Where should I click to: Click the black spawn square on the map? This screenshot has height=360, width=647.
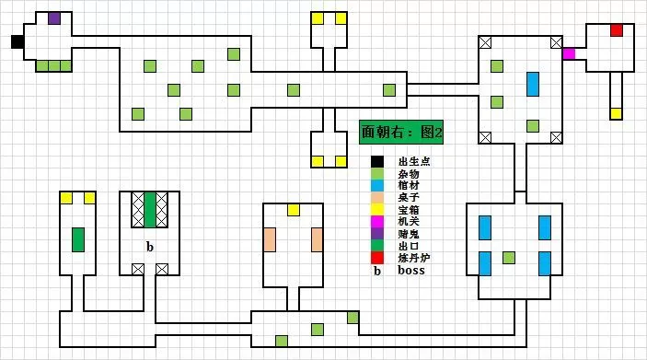coord(17,41)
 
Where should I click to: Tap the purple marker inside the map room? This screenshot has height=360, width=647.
coord(54,17)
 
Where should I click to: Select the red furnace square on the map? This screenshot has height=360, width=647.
coord(617,30)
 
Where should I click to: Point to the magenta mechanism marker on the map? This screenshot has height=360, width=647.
coord(569,53)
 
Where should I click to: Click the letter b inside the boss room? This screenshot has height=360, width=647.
coord(149,247)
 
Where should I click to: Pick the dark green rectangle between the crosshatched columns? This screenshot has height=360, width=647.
coord(150,210)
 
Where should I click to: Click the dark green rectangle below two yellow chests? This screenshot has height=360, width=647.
coord(78,239)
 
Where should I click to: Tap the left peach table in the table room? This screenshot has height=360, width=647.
coord(270,239)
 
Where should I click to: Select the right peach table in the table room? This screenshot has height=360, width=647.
coord(318,239)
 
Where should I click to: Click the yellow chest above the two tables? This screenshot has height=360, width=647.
coord(294,210)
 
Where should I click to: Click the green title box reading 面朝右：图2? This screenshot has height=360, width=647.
coord(401,133)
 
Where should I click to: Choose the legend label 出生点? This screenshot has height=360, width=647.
coord(413,162)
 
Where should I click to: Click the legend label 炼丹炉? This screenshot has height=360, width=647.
coord(413,259)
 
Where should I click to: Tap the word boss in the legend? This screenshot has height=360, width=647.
coord(410,271)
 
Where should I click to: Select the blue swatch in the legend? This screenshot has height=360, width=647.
coord(377,186)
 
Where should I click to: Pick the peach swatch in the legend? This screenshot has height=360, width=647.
coord(377,198)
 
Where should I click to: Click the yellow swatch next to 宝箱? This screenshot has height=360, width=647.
coord(377,210)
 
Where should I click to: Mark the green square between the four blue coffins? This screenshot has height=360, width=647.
coord(509,257)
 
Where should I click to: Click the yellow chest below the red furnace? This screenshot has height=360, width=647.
coord(617,113)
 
